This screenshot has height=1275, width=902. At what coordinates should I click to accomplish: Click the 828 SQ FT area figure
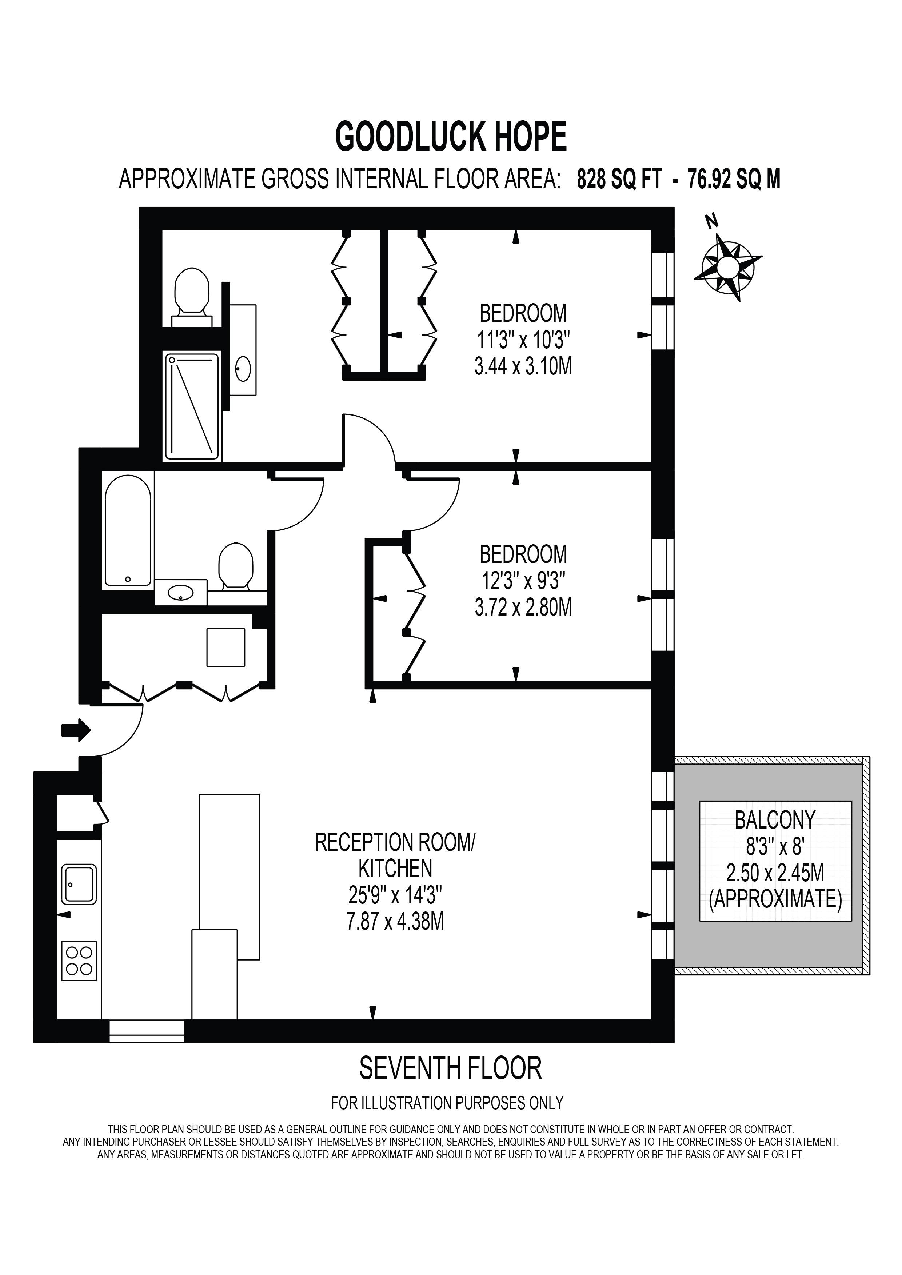(619, 179)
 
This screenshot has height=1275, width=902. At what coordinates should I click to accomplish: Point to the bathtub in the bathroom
(128, 530)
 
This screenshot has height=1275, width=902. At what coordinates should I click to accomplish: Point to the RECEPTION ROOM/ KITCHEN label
(395, 855)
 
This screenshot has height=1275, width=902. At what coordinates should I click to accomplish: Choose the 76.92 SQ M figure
(734, 179)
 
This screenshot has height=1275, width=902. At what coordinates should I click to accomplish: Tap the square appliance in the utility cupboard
(225, 647)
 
